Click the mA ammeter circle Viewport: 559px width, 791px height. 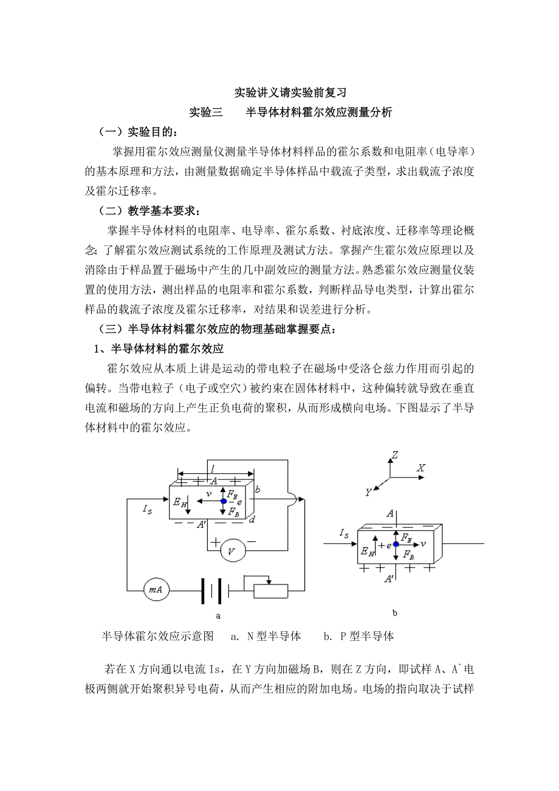pos(156,589)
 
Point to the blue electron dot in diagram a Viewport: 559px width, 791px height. pos(224,501)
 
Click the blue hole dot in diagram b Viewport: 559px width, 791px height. pos(396,545)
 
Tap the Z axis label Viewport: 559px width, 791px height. pos(395,454)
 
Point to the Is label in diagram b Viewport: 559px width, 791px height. pos(343,535)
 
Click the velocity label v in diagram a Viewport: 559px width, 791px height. pos(208,495)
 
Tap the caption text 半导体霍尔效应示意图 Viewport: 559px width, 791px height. pos(157,636)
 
